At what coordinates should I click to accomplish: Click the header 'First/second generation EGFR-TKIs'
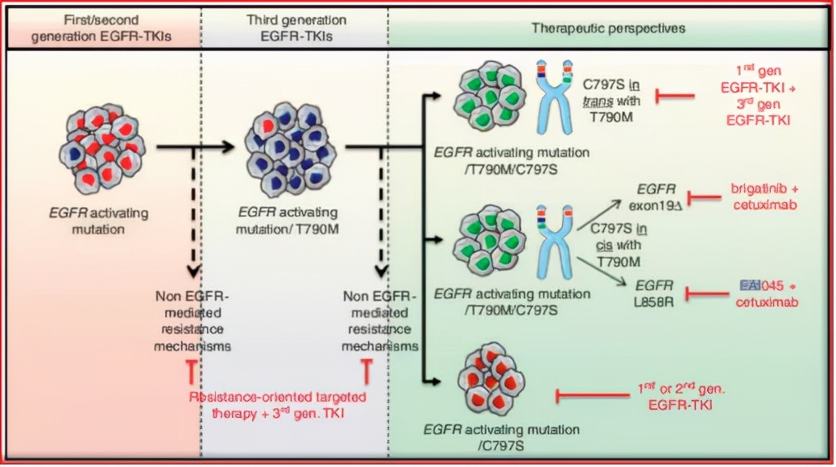[x=100, y=27]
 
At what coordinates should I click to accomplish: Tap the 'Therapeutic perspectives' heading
[x=608, y=27]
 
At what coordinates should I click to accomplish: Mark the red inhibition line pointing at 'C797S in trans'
[x=676, y=97]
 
